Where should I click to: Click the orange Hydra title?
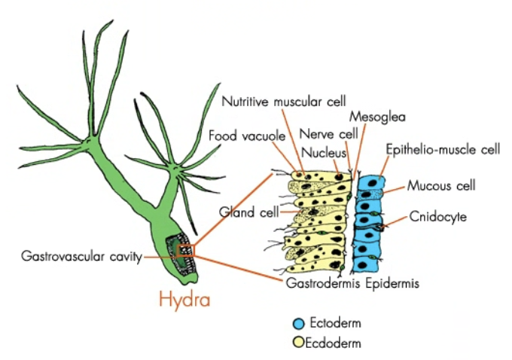tap(184, 299)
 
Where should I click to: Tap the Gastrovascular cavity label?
tap(81, 256)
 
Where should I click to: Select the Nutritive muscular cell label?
tap(283, 101)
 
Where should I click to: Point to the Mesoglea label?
tap(377, 117)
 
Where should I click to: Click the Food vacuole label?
tap(247, 136)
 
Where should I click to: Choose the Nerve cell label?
tap(328, 134)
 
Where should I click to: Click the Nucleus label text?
tap(324, 153)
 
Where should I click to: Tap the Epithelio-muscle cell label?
tap(443, 149)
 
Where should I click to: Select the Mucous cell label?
tap(441, 186)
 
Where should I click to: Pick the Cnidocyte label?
tap(438, 217)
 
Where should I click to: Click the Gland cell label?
tap(248, 212)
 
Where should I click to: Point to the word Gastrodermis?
tap(323, 283)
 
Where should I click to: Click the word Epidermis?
tap(392, 283)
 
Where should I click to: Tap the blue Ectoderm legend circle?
tap(298, 323)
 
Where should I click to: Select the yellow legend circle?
tap(298, 343)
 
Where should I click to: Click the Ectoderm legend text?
tap(335, 323)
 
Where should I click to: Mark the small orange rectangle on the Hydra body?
tap(186, 251)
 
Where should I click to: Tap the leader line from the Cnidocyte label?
tap(396, 221)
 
